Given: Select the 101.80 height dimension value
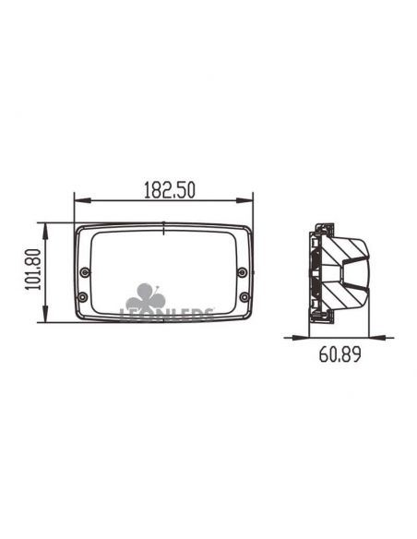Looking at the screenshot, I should pyautogui.click(x=32, y=272).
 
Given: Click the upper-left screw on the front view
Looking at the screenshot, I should pyautogui.click(x=85, y=271).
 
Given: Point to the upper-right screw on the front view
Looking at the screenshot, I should pyautogui.click(x=242, y=271).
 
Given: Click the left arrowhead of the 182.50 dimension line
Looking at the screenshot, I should pyautogui.click(x=77, y=199).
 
